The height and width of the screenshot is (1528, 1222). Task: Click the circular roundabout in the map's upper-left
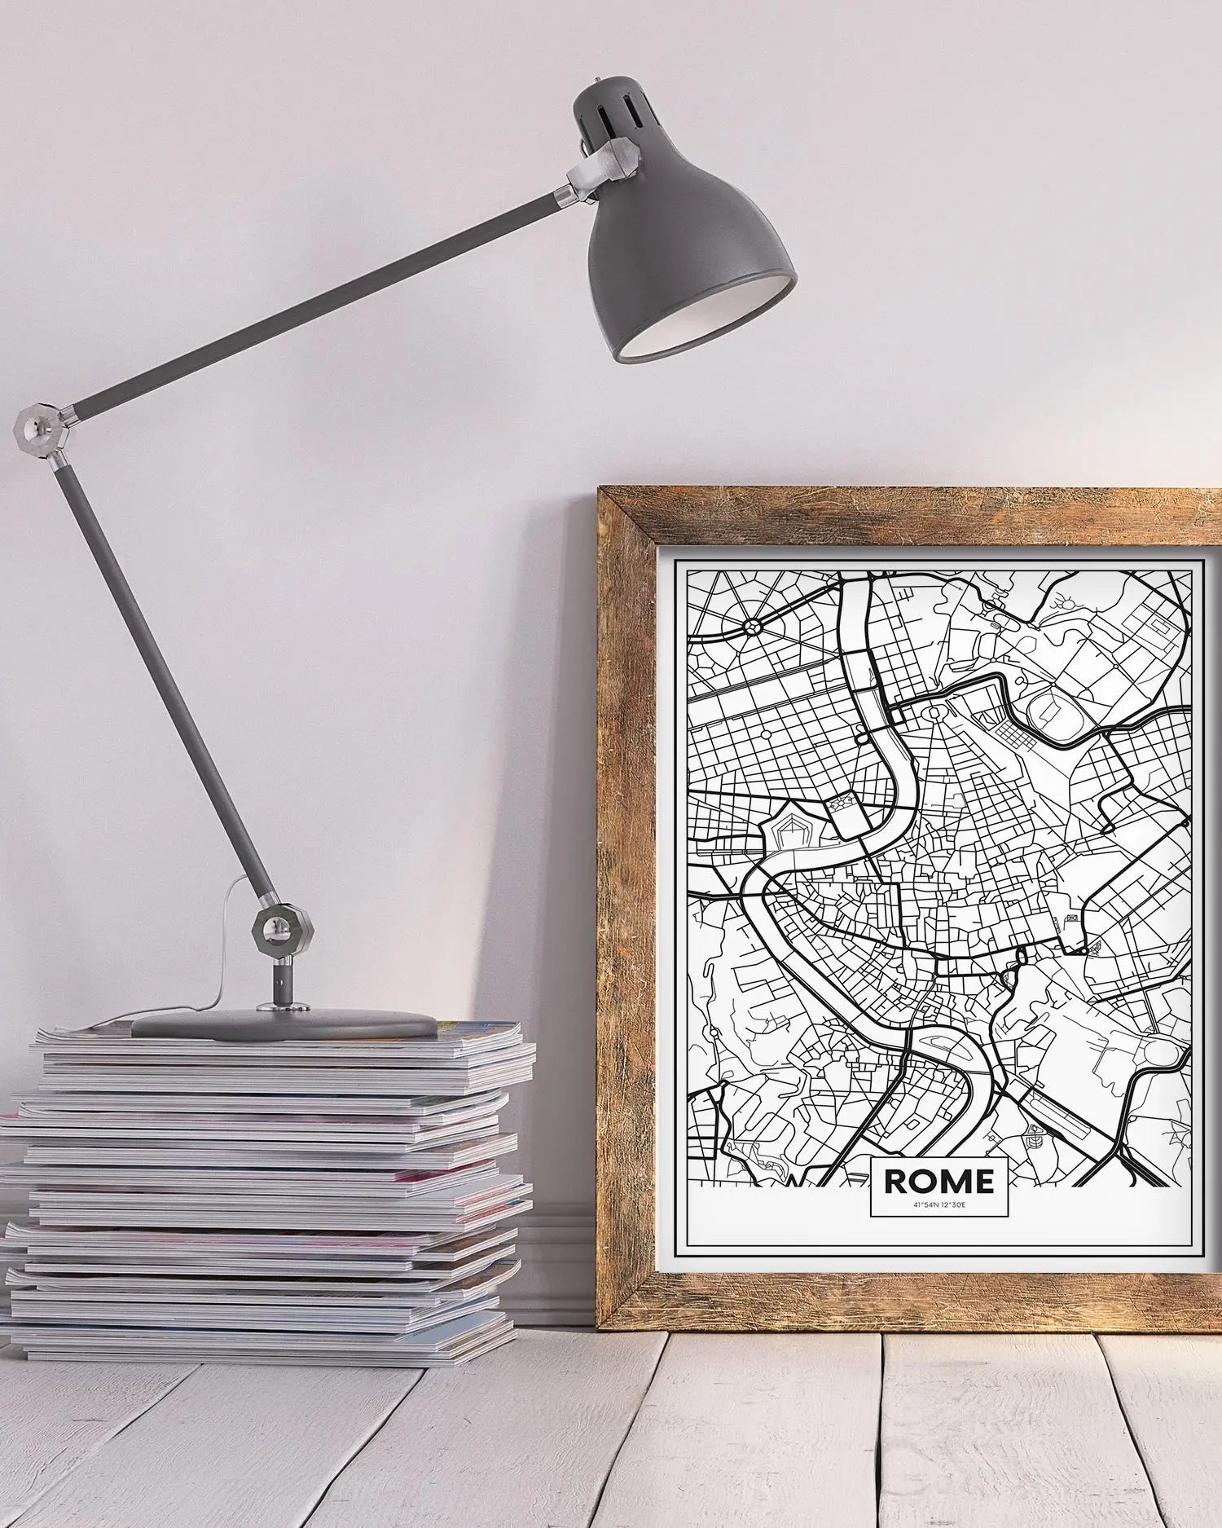(x=751, y=627)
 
